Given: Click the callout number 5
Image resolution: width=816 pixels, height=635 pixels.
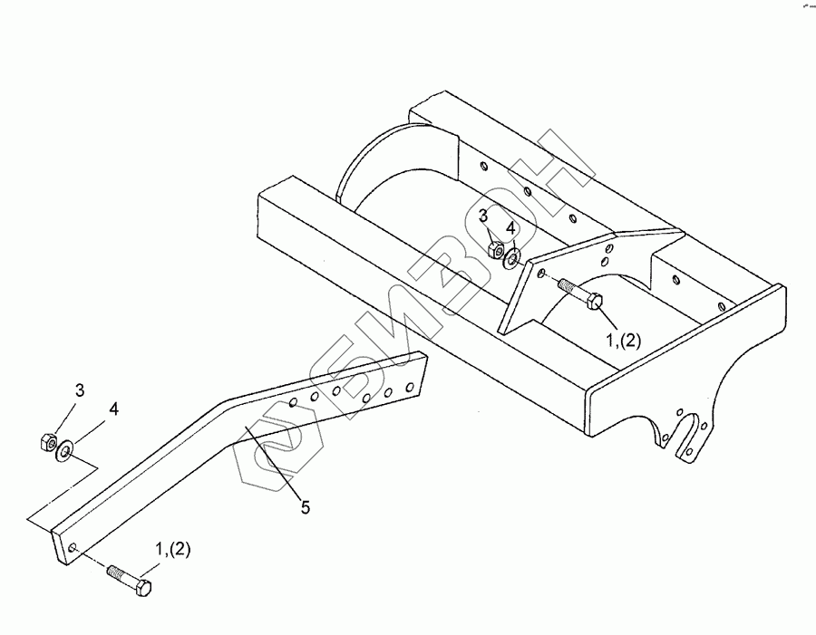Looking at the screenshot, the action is pyautogui.click(x=306, y=508).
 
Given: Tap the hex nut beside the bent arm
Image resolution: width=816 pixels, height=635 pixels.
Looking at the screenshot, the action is pyautogui.click(x=44, y=443).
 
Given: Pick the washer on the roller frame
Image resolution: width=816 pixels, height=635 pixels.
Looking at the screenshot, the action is pyautogui.click(x=513, y=259).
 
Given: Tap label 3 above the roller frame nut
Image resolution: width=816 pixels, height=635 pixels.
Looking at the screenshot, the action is pyautogui.click(x=484, y=216).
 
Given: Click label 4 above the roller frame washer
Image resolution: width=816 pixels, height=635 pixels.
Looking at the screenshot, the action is pyautogui.click(x=511, y=227).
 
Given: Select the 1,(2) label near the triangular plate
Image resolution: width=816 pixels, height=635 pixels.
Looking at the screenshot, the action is pyautogui.click(x=624, y=341).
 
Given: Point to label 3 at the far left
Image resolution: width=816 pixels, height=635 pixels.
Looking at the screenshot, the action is pyautogui.click(x=80, y=390).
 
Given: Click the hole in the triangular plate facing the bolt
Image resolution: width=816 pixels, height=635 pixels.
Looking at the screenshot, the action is pyautogui.click(x=539, y=275).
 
